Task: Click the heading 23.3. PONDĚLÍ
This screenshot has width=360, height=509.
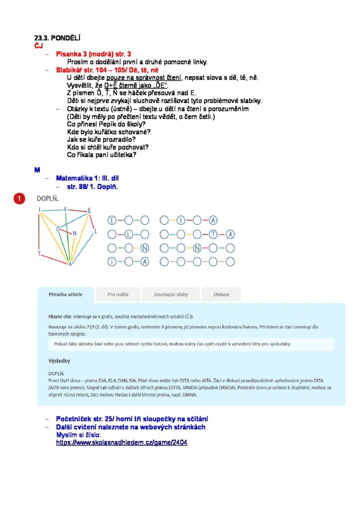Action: click(x=57, y=38)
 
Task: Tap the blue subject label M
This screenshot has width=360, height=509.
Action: click(x=37, y=170)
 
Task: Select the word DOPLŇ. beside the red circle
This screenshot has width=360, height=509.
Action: click(x=48, y=198)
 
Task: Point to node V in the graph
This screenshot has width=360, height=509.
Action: click(x=66, y=209)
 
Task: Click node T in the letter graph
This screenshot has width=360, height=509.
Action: click(x=39, y=254)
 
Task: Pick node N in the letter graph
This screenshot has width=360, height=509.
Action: click(x=75, y=233)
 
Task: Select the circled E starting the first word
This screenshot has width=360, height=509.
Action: click(x=112, y=220)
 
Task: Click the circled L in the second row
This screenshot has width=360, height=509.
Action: click(x=128, y=234)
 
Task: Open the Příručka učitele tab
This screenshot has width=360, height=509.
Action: click(x=66, y=294)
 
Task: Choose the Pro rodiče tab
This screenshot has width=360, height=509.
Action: click(x=118, y=294)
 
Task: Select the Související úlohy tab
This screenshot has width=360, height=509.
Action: click(x=171, y=294)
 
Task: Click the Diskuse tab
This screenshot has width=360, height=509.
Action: click(x=221, y=294)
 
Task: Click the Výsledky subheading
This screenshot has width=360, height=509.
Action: click(x=59, y=360)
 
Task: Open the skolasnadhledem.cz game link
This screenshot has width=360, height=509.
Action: click(x=121, y=442)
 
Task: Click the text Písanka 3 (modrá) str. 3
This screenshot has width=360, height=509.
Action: click(x=93, y=54)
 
